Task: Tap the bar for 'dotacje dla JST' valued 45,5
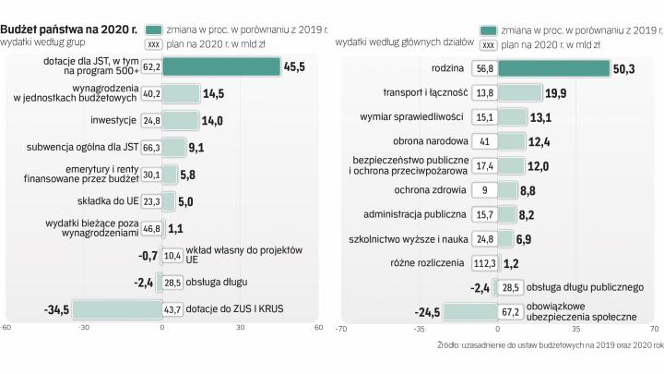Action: (x=222, y=66)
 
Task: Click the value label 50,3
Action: (x=627, y=68)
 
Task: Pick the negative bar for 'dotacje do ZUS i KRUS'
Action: (x=116, y=309)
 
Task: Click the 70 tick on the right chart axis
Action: (x=651, y=327)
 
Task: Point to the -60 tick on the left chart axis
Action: (x=6, y=327)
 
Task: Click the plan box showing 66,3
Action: (x=152, y=146)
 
